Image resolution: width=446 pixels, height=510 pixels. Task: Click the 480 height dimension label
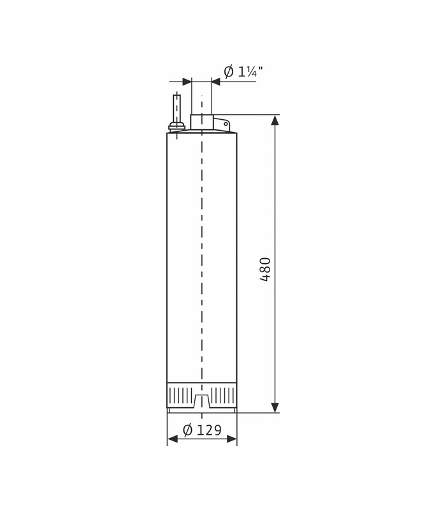pos(266,269)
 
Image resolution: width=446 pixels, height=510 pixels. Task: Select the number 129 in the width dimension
pos(210,430)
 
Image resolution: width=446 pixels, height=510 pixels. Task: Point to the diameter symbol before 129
pos(188,430)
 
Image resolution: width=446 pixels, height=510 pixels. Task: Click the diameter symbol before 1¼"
pos(229,71)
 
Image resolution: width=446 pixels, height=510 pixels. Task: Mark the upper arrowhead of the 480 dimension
pos(275,120)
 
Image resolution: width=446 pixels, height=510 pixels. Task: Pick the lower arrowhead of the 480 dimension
pos(275,407)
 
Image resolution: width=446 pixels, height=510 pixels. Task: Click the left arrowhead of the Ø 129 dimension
pos(172,439)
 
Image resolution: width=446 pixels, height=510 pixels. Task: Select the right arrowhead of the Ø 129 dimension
pos(232,439)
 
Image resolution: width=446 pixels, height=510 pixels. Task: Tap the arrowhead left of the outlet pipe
pos(187,82)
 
